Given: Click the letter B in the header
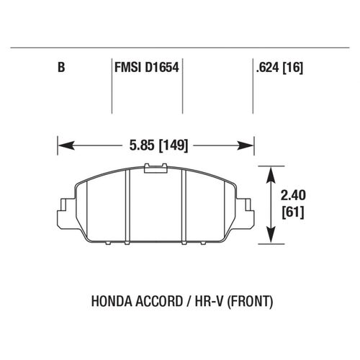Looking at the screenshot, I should click(61, 69).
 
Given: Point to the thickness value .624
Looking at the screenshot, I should click(267, 69).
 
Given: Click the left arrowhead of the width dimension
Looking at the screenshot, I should click(63, 145).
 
